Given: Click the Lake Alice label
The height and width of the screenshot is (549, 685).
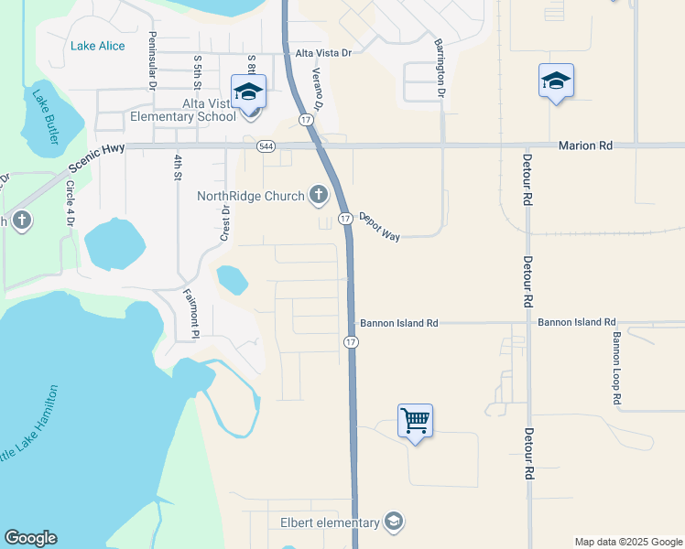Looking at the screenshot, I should coord(98,47).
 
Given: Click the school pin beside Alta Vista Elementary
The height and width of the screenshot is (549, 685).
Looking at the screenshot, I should coord(248,91).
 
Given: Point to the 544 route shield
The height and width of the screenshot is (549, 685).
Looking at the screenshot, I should coord(266,145).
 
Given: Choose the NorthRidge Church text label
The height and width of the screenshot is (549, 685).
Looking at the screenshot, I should coord(252,195).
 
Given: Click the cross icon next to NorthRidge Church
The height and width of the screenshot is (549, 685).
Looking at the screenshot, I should coord(318,194).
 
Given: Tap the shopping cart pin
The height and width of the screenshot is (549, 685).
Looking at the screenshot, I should coord(415,421).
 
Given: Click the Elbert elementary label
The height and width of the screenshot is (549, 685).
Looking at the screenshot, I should coord(330,522).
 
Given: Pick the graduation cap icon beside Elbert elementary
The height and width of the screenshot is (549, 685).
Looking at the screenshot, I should coord(393,522).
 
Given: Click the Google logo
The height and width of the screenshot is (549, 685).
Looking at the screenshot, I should coord(30,538).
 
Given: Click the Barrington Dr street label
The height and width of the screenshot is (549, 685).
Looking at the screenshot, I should coord(440,68).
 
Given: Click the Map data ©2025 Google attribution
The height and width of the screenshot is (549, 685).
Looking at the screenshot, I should coord(627,542).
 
